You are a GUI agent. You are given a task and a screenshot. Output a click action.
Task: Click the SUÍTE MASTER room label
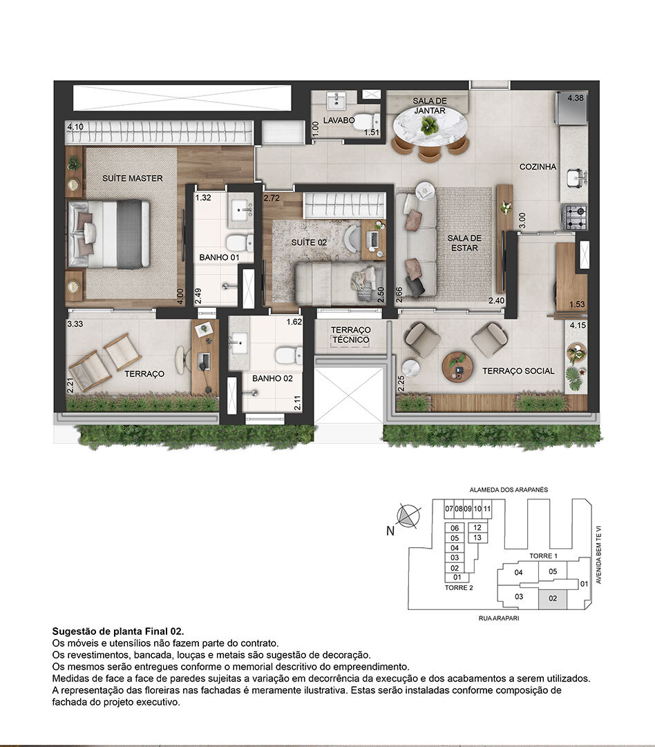coord(132,178)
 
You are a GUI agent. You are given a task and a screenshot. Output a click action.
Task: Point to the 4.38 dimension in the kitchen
coord(576,98)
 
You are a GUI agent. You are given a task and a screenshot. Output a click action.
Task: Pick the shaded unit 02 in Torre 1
coord(553,598)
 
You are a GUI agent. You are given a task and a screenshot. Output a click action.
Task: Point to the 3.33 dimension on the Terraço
coord(75,323)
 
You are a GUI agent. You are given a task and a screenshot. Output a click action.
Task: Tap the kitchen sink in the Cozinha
coord(573,179)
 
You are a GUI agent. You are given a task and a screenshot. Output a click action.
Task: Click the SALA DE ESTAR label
coord(464,243)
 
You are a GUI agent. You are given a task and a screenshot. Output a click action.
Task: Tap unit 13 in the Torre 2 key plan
coord(478,537)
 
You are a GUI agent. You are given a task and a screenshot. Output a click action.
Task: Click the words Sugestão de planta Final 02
coord(118,631)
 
